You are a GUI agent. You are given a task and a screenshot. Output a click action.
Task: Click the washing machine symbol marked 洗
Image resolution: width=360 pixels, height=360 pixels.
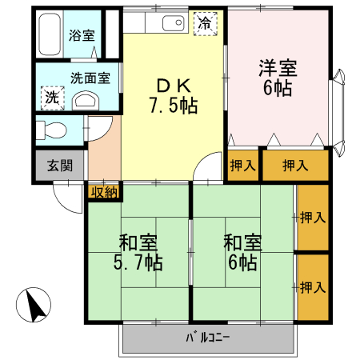coord(50,97)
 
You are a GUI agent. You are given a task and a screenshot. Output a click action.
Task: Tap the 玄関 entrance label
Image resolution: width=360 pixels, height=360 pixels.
coord(59,166)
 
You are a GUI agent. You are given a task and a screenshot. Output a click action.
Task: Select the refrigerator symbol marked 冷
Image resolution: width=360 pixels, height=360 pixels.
coord(206,24)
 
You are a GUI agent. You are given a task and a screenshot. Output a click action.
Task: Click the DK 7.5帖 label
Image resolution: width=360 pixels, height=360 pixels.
coord(173,94)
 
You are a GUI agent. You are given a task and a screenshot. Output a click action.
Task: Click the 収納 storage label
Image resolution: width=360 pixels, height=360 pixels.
coord(104,191)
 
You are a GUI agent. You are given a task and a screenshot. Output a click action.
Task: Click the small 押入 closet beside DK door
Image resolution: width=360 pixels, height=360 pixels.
coord(242,166)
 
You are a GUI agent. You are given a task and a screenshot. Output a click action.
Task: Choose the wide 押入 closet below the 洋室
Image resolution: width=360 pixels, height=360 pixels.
coord(294,166)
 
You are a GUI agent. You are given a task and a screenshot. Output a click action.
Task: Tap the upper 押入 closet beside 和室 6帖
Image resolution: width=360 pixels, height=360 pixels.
coord(312,217)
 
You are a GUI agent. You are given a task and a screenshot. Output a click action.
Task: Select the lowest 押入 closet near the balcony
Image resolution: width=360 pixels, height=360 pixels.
coord(312,286)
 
